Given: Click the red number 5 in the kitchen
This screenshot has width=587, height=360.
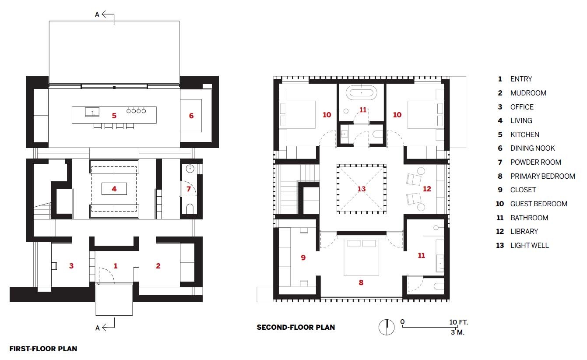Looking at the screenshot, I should pyautogui.click(x=114, y=116).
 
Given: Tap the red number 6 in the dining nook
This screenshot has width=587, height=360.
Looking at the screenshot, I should pyautogui.click(x=191, y=116).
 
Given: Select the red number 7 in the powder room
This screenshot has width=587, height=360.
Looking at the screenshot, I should pyautogui.click(x=189, y=189).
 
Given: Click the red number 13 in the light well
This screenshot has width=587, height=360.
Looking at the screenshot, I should pyautogui.click(x=361, y=189).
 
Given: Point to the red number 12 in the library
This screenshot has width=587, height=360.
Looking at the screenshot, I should pyautogui.click(x=427, y=189).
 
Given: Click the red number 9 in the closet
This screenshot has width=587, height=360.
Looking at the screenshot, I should pyautogui.click(x=303, y=258).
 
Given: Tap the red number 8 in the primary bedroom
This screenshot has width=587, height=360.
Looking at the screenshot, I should pyautogui.click(x=361, y=283).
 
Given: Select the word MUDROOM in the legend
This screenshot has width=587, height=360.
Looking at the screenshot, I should pyautogui.click(x=528, y=93).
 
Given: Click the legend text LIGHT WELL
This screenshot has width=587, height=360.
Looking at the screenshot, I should pyautogui.click(x=529, y=245).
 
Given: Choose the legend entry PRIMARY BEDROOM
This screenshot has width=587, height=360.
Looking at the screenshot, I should pyautogui.click(x=542, y=176).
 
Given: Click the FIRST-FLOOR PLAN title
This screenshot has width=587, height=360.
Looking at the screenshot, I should pyautogui.click(x=43, y=349).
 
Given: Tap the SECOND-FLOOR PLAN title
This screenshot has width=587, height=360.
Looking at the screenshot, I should pyautogui.click(x=295, y=327).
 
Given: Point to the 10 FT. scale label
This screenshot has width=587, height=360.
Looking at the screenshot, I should pyautogui.click(x=459, y=322).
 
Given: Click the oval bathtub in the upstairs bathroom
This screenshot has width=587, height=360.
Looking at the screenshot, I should pyautogui.click(x=361, y=93).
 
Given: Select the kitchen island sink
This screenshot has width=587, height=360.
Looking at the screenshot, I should pyautogui.click(x=92, y=112).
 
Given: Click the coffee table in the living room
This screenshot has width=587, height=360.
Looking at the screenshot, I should pyautogui.click(x=114, y=189).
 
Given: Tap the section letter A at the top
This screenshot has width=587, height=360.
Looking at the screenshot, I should pyautogui.click(x=97, y=14).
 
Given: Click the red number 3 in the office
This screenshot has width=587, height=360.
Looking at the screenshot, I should pyautogui.click(x=71, y=266).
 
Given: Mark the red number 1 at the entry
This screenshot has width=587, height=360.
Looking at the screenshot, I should pyautogui.click(x=116, y=266).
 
